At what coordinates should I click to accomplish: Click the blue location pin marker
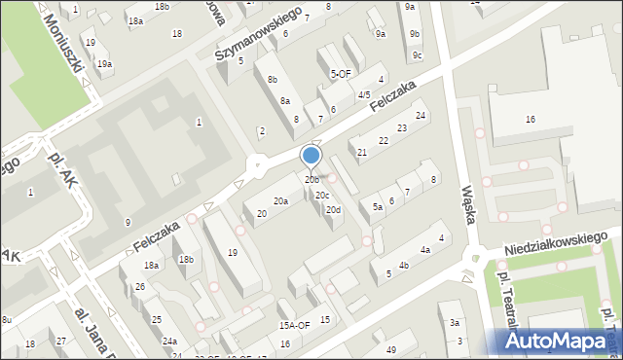point(311,156)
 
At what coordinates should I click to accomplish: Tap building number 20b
point(311,179)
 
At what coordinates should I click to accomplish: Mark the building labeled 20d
point(334,210)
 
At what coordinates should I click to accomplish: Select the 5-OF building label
point(341,73)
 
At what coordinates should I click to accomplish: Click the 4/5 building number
point(364,94)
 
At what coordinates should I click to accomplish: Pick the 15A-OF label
point(294,325)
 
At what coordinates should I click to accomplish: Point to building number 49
point(391,349)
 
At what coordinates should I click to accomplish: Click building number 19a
point(103,64)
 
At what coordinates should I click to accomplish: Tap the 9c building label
point(417,54)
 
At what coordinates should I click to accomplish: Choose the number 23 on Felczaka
point(401,128)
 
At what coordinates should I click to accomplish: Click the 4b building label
point(403,265)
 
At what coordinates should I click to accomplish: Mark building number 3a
point(454,322)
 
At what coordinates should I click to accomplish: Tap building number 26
point(140,286)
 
